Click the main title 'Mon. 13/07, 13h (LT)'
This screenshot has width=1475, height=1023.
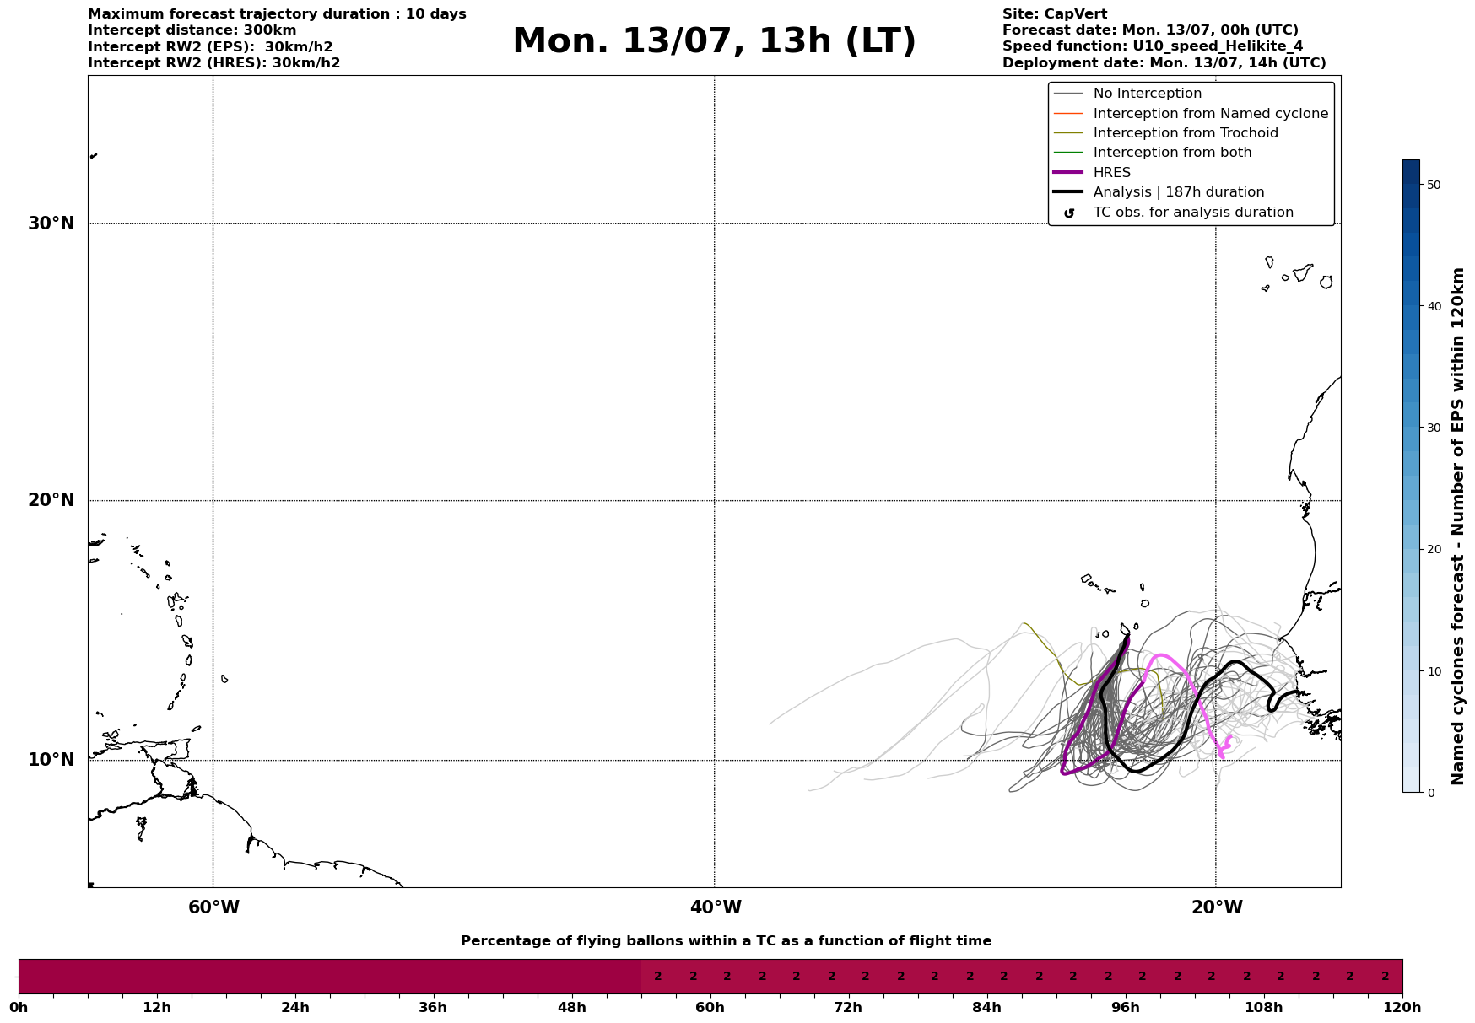714,41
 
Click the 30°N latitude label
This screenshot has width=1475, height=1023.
51,223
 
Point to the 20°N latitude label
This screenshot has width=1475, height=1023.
51,500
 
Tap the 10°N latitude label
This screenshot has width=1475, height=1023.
51,760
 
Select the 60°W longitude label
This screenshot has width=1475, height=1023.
213,907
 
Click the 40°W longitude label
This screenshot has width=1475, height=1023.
716,907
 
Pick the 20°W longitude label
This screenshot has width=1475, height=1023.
1217,907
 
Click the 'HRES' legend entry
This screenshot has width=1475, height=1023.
1112,173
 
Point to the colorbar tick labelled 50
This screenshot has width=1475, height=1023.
1433,185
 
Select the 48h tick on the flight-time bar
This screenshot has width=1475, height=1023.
572,1007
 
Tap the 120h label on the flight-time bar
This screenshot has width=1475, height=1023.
1402,1007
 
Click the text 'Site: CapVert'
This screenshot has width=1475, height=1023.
1055,14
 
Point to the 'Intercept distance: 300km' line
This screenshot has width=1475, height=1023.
192,30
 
